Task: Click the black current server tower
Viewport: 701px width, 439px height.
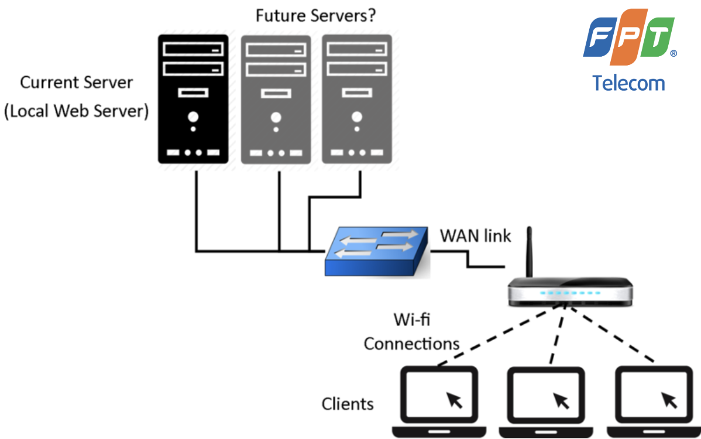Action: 193,99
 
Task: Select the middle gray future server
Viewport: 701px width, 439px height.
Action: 276,100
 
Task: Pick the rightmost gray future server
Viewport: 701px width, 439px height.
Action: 356,100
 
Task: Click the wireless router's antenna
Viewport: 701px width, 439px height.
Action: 530,252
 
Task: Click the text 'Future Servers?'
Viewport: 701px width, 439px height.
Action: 315,16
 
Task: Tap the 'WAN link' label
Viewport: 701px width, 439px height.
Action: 475,236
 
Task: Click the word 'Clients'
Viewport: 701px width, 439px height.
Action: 348,404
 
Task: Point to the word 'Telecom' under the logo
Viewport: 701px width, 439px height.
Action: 628,83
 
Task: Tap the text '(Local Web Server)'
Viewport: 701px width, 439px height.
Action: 76,111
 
